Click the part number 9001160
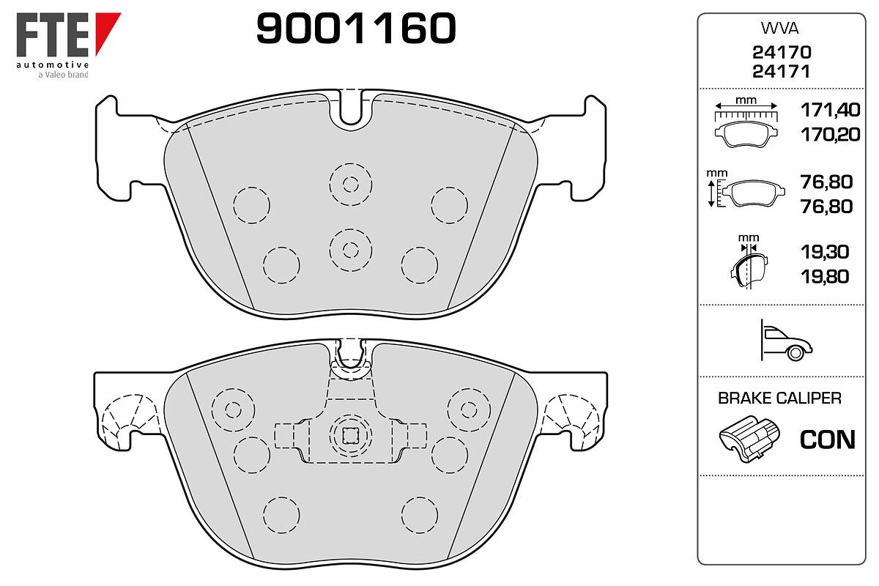(356, 28)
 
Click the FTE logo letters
(53, 34)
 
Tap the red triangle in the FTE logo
(106, 31)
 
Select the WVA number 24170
(782, 52)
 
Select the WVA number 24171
(782, 72)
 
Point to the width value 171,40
(831, 110)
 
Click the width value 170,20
(831, 135)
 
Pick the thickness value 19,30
(825, 252)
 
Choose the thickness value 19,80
(825, 277)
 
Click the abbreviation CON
(828, 439)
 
